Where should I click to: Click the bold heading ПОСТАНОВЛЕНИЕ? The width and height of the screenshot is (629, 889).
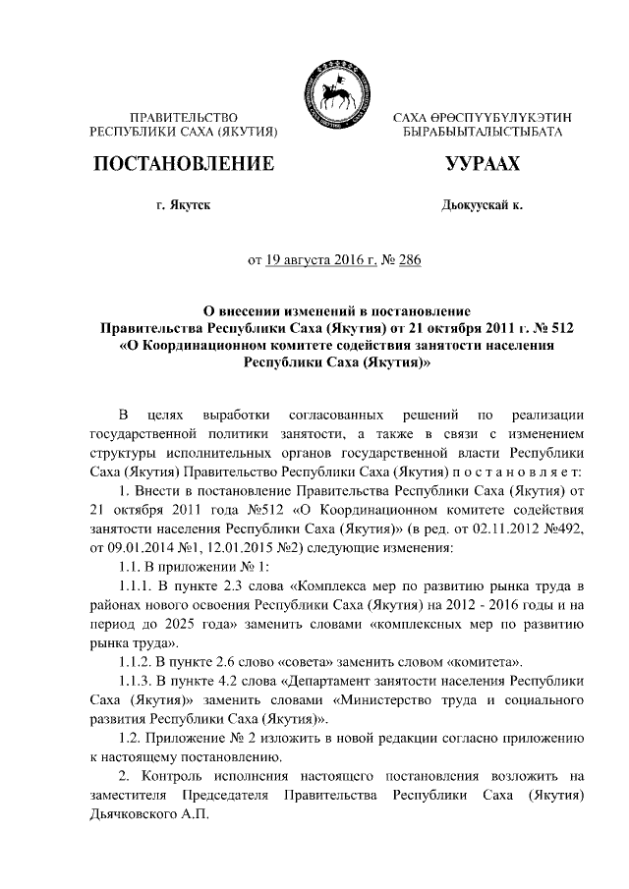[x=182, y=163]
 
